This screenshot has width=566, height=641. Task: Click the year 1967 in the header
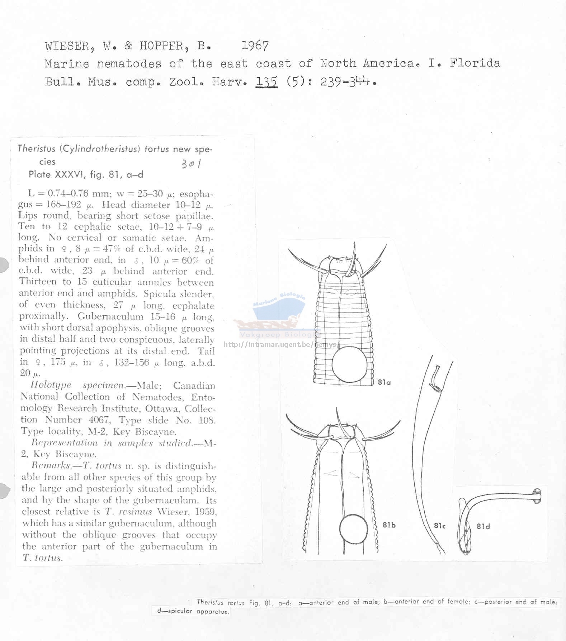[x=255, y=46]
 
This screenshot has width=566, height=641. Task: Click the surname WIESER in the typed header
[x=67, y=46]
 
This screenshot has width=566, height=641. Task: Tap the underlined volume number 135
[x=267, y=82]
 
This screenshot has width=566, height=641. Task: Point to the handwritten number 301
[x=191, y=164]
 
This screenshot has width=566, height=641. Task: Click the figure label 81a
[x=384, y=382]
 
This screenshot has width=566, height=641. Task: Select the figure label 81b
[x=389, y=525]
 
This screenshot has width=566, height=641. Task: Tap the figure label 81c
[x=439, y=526]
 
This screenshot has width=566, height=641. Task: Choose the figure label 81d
[x=483, y=526]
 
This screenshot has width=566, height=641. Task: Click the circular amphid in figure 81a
[x=350, y=364]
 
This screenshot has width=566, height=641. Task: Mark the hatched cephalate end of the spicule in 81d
[x=537, y=496]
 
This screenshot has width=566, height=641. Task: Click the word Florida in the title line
[x=475, y=63]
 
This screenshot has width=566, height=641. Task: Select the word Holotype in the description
[x=51, y=385]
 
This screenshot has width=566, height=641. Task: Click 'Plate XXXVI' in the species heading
[x=57, y=174]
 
